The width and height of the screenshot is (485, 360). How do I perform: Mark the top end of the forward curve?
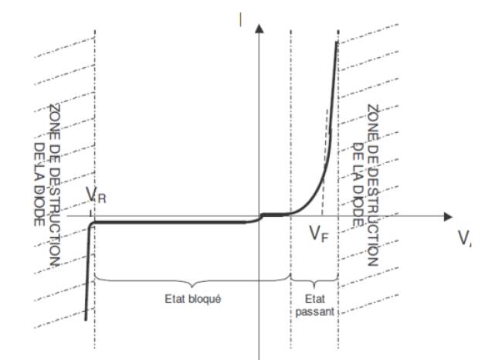[x=337, y=42]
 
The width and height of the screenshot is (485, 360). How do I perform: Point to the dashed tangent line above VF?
[x=324, y=155]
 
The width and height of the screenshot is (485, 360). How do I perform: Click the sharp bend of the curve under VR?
[x=92, y=224]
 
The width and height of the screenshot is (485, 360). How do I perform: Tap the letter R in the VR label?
[x=101, y=199]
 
